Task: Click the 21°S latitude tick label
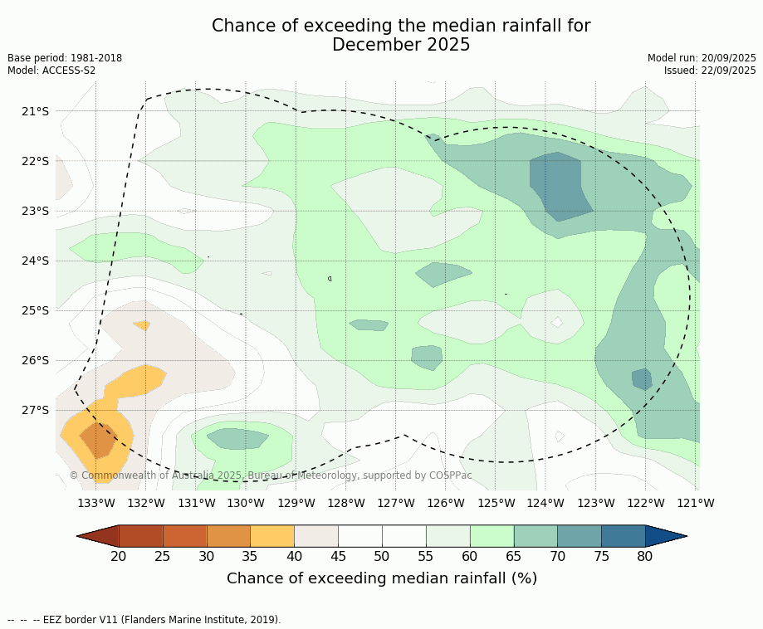coord(35,111)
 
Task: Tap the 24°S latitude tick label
coord(35,261)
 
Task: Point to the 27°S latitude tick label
coord(35,410)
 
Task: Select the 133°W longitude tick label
coord(96,503)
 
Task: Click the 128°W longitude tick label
coord(346,503)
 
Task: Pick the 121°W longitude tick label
coord(696,503)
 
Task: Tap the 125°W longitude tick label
coord(496,503)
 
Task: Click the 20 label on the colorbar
coord(119,556)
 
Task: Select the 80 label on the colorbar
coord(645,556)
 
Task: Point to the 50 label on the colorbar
coord(382,556)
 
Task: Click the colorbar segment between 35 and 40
coord(272,536)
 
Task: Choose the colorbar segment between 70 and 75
coord(580,536)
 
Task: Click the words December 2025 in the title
coord(401,45)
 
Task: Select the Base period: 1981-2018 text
coord(65,58)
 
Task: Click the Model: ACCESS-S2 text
coord(51,71)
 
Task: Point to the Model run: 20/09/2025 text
coord(702,58)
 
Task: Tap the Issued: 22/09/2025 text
coord(710,71)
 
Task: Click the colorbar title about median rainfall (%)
coord(382,578)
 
